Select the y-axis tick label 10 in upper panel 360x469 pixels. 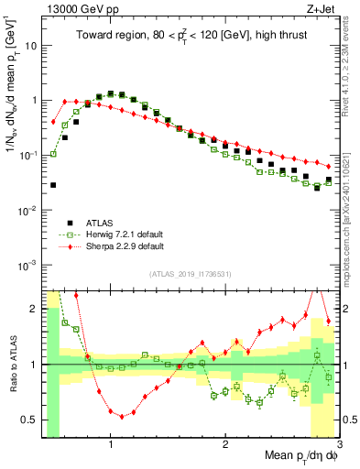coord(29,45)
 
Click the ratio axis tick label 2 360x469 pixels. coord(32,309)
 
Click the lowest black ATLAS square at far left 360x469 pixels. coord(53,185)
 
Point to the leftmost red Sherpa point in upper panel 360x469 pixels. coord(53,121)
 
